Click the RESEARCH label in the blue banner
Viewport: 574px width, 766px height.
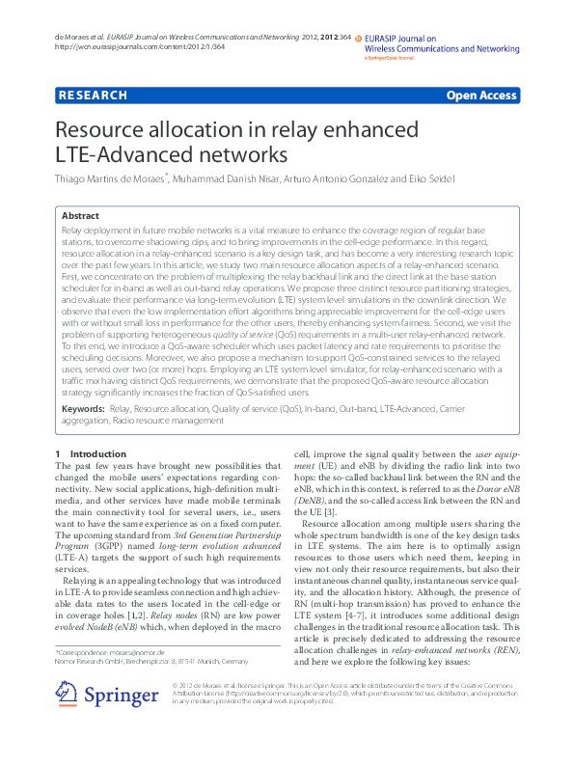point(93,96)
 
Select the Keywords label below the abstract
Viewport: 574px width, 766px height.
point(83,409)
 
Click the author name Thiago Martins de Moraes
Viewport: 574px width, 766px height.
point(111,178)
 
